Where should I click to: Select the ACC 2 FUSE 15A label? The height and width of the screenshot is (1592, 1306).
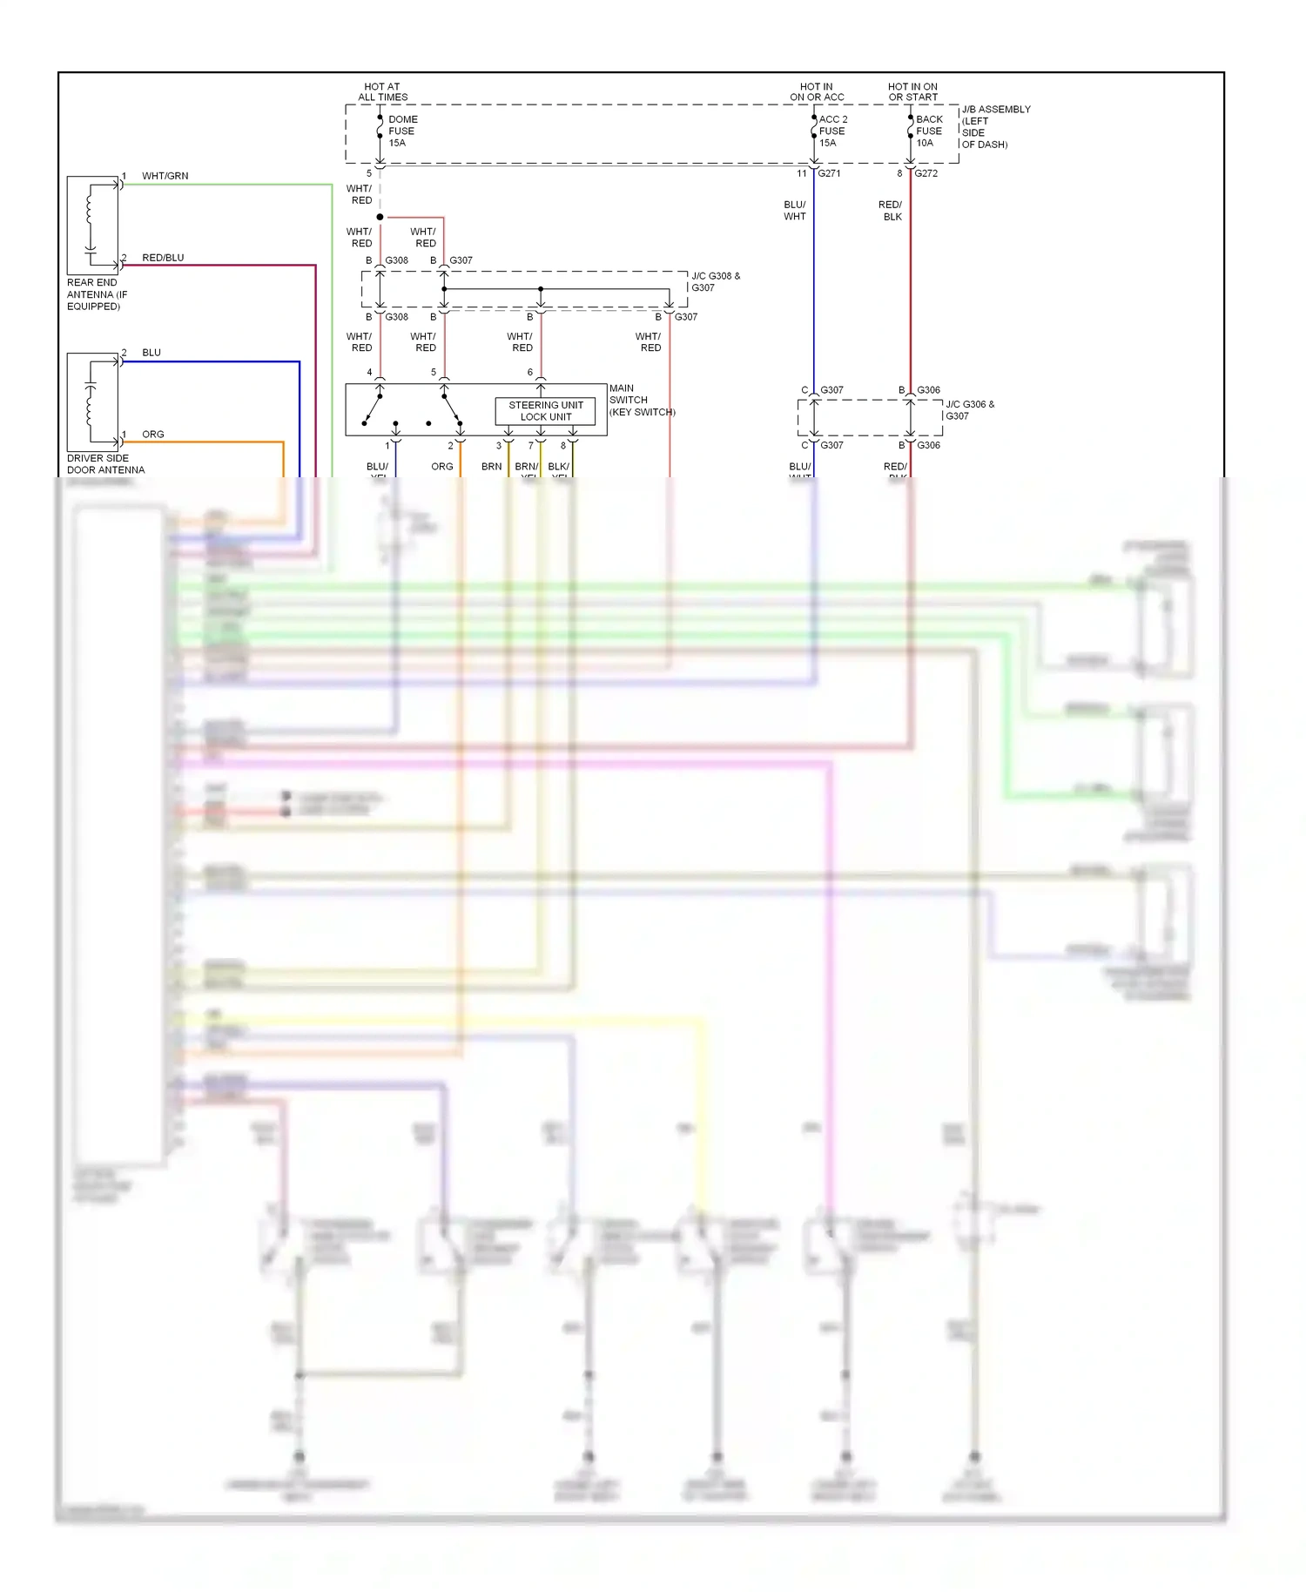point(831,131)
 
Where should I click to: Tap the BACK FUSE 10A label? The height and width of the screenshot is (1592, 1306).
point(928,131)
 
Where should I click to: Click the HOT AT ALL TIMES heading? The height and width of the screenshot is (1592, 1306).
point(382,91)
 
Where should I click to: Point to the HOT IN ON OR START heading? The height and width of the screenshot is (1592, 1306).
point(912,91)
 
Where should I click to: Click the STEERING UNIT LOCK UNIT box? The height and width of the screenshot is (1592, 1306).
point(546,411)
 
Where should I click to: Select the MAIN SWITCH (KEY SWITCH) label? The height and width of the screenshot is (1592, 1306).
point(642,400)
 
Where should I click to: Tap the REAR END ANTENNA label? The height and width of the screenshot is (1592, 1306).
point(96,294)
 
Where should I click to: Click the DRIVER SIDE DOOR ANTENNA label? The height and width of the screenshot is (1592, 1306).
point(105,464)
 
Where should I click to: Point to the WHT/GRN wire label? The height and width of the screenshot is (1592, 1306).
point(165,176)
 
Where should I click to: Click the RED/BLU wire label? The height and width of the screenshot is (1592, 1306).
point(163,258)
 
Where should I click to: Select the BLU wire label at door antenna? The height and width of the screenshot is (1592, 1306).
point(151,353)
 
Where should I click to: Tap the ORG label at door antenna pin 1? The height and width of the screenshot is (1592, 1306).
point(153,435)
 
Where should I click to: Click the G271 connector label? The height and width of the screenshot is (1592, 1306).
point(829,173)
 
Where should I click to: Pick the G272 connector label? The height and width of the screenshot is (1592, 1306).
point(926,173)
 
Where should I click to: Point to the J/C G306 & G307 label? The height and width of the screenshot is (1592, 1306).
point(969,410)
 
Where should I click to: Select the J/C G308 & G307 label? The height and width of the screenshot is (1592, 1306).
point(715,281)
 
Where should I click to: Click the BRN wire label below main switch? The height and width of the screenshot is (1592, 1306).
point(491,467)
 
